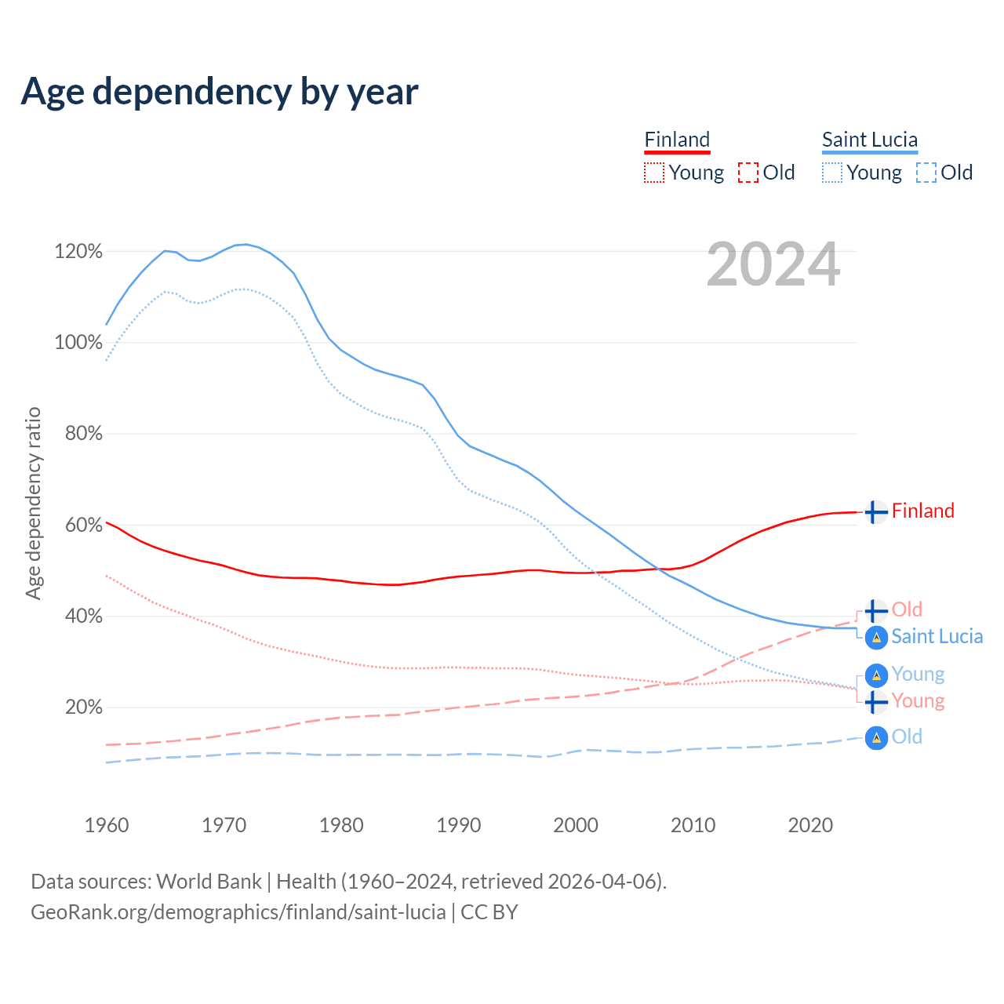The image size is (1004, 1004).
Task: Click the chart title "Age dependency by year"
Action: click(220, 92)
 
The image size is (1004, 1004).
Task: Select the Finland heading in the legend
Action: click(677, 140)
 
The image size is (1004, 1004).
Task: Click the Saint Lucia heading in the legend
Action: click(869, 140)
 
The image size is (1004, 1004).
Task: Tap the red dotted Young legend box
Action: click(654, 173)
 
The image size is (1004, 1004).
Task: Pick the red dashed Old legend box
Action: click(748, 173)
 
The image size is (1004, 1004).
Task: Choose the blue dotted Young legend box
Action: click(832, 173)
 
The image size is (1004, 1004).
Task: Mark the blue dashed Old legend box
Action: click(926, 173)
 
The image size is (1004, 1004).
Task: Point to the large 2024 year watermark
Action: click(773, 265)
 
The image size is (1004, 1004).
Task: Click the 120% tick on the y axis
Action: click(78, 252)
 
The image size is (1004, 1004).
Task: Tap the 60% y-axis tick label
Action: click(83, 525)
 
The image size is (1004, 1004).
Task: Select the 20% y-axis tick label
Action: click(83, 708)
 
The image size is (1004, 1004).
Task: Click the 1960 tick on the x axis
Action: click(107, 825)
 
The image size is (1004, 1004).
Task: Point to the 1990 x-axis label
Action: click(459, 825)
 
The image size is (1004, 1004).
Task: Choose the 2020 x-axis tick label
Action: click(810, 825)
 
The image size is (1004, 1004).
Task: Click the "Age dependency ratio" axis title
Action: click(33, 503)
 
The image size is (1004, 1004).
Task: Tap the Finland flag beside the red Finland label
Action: click(876, 511)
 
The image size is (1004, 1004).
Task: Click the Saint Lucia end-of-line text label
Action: click(937, 636)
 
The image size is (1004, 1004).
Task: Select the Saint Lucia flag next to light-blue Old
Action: click(876, 737)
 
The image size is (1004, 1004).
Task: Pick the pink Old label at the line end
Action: click(907, 609)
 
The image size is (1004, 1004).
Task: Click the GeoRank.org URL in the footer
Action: click(238, 912)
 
